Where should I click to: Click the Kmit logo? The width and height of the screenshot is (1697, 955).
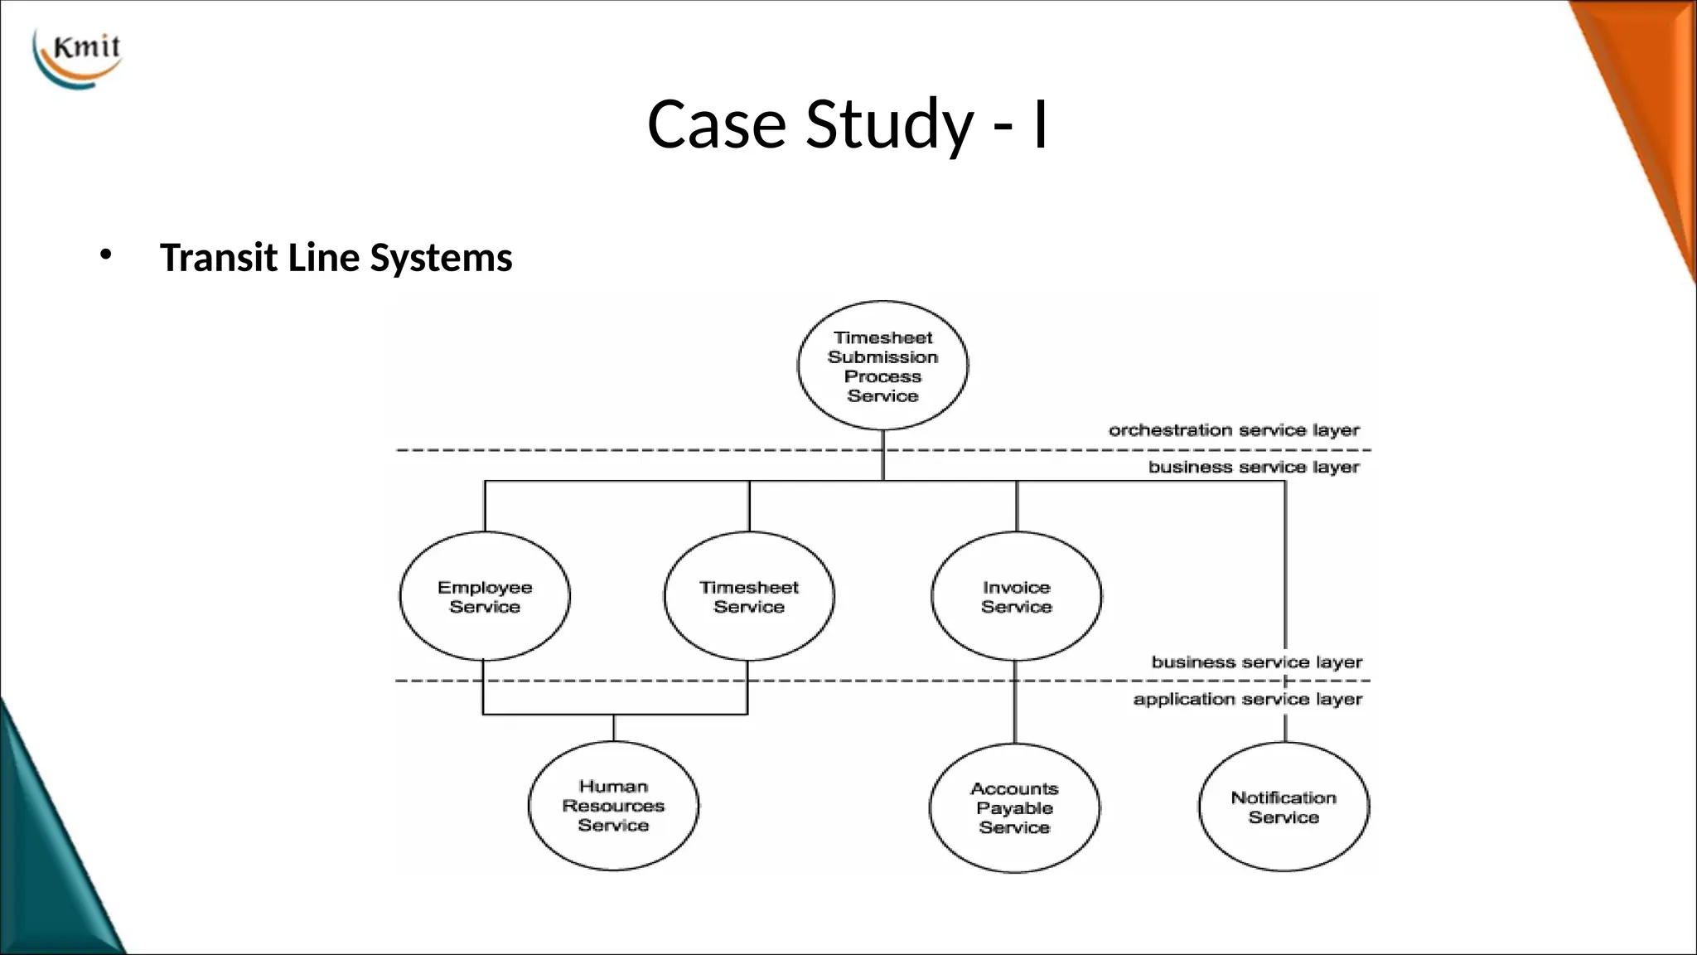(78, 57)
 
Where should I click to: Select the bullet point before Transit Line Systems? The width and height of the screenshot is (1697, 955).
(104, 255)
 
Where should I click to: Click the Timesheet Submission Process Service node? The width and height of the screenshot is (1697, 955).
(882, 366)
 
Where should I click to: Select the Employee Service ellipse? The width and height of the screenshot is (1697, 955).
(485, 596)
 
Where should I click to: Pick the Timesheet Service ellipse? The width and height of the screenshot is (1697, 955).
(749, 596)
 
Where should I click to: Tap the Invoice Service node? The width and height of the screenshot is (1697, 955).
(1016, 596)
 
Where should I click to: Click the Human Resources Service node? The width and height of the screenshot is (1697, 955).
(613, 805)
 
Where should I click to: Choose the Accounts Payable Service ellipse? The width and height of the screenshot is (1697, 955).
(1014, 807)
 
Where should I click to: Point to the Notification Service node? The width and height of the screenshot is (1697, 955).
(1284, 807)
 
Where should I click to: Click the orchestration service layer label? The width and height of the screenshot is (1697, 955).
(1234, 430)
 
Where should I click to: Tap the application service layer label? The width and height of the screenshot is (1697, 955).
(1247, 699)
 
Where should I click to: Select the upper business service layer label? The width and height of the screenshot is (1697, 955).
(1253, 467)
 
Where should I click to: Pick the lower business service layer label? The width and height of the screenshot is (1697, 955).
(1256, 662)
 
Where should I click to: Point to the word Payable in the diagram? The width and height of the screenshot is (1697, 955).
(1014, 808)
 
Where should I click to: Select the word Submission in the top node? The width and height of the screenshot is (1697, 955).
(882, 357)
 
